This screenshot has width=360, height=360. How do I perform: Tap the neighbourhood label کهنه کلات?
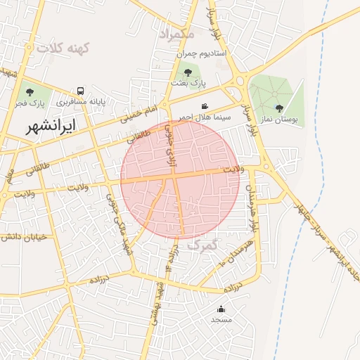pos(65,48)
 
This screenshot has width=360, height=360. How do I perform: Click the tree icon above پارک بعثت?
pos(188,72)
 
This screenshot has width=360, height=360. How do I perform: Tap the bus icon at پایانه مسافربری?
pos(81,91)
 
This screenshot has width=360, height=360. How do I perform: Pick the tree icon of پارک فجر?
pos(29,91)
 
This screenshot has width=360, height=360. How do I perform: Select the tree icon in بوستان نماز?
pos(279,108)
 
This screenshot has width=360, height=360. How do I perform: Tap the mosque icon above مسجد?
pos(221,309)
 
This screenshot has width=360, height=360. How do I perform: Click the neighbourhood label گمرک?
pos(204,246)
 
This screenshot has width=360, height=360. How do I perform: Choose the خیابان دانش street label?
pos(23,237)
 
